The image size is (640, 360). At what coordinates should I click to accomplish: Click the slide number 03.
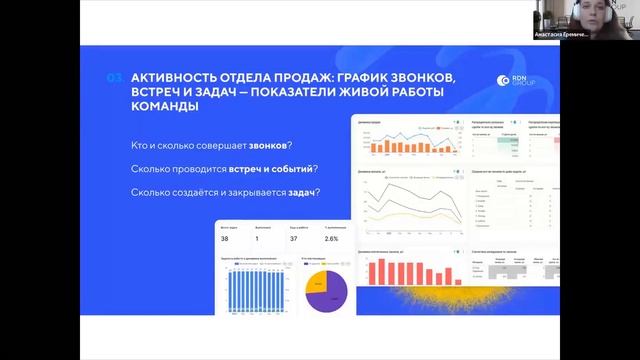click(x=114, y=79)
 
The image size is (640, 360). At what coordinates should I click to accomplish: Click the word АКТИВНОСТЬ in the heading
click(x=176, y=79)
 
